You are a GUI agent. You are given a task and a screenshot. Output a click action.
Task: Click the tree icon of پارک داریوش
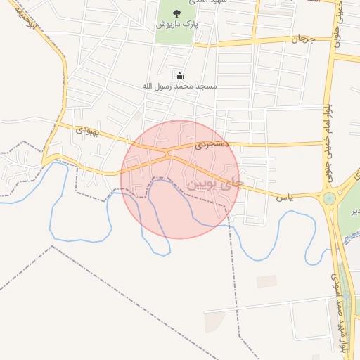tap(176, 13)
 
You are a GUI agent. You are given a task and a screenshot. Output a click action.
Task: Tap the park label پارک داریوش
tap(176, 24)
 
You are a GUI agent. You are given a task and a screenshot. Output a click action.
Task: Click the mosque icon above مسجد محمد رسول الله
tap(179, 76)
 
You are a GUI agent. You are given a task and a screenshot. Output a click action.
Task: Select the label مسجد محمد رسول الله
tap(179, 86)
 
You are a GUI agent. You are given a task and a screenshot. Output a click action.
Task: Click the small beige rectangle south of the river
tap(266, 281)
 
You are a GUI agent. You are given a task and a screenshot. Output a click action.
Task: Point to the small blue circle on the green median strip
tap(345, 295)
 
